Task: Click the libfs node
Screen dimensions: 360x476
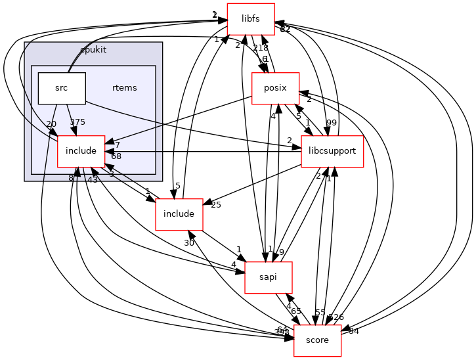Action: coord(250,18)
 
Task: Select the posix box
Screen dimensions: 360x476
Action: coord(276,89)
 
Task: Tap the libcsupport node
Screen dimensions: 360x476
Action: coord(332,151)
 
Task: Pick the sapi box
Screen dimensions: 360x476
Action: coord(268,277)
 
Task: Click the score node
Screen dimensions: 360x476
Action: coord(317,340)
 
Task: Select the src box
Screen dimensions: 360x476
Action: coord(62,88)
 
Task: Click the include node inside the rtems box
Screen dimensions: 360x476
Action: coord(81,151)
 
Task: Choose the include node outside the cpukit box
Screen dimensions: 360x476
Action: coord(178,214)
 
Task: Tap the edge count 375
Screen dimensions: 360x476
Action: coord(78,122)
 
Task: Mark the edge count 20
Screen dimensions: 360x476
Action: coord(51,125)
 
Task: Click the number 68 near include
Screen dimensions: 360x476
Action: coord(116,156)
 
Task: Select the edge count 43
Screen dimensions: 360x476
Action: coord(92,179)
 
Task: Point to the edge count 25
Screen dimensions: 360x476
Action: coord(216,205)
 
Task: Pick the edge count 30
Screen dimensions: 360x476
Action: coord(189,243)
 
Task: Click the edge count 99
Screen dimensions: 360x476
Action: coord(349,123)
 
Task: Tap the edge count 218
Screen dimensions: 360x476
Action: coord(261,48)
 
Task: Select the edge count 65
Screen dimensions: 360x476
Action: coord(296,311)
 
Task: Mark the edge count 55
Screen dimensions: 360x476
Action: coord(320,313)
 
